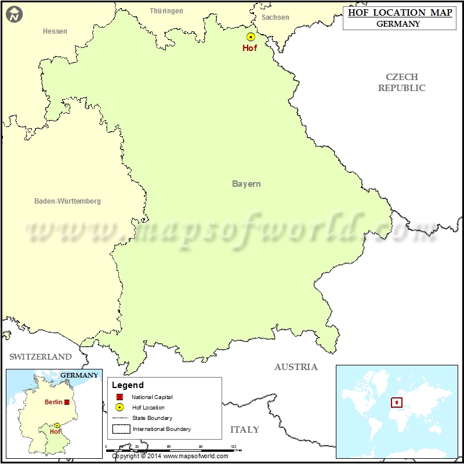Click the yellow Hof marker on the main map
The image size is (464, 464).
coord(251,37)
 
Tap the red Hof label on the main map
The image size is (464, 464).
coord(249,48)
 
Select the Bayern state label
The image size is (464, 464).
coord(246,184)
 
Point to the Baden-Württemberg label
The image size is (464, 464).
coord(67,201)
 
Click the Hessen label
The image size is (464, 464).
coord(55,31)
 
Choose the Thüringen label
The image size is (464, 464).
coord(166,11)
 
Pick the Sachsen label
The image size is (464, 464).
coord(275,17)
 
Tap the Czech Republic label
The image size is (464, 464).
coord(402,82)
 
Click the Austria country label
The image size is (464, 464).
coord(296,367)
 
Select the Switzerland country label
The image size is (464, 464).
coord(41,357)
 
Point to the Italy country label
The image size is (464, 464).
coord(245,430)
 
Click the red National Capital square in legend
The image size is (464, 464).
coord(119,397)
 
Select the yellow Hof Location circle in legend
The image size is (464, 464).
coord(119,407)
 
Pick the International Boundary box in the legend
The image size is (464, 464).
coord(121,429)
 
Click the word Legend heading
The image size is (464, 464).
coord(128,385)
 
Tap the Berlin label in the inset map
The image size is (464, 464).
coord(53,402)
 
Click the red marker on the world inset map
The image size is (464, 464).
coord(397,402)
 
